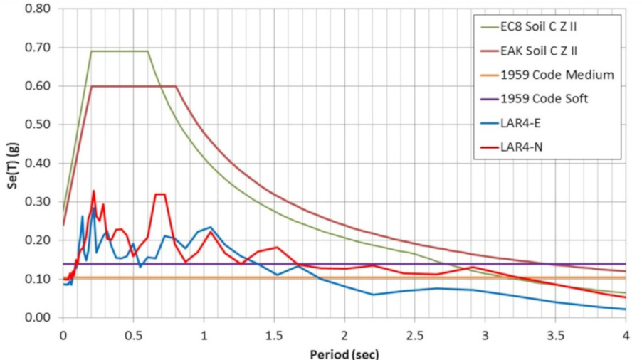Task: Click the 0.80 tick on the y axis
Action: click(37, 9)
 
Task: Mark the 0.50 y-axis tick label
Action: click(37, 125)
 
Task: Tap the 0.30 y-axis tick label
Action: click(37, 201)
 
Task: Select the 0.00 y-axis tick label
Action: click(37, 317)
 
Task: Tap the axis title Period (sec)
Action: click(344, 353)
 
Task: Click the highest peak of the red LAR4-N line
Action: click(93, 191)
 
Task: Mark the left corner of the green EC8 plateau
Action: click(91, 51)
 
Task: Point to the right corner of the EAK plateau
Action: click(175, 86)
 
